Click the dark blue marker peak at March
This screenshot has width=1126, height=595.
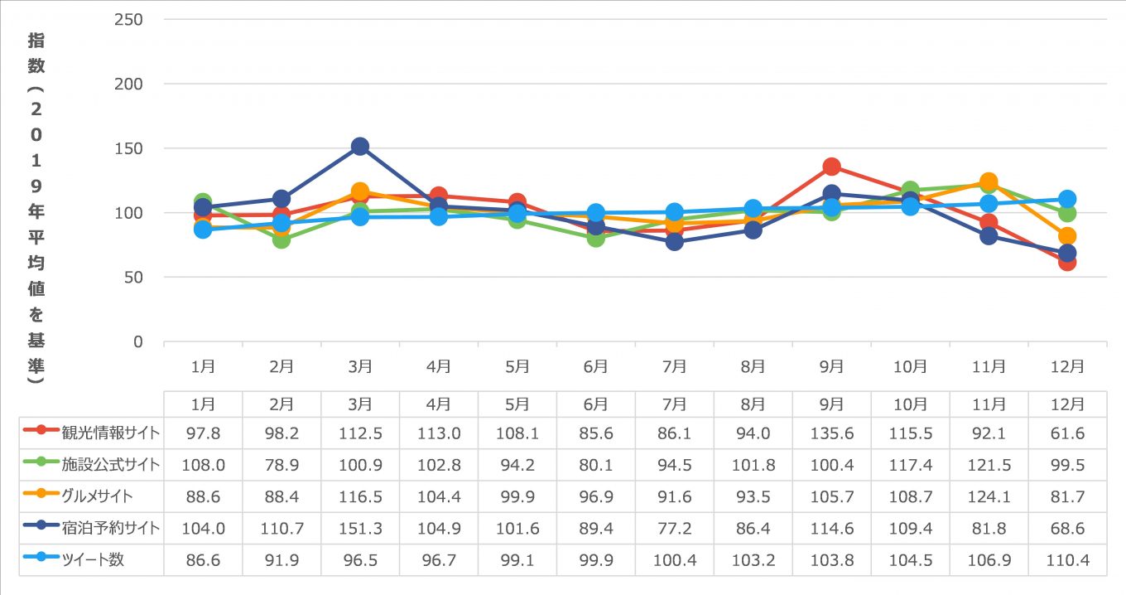(x=360, y=147)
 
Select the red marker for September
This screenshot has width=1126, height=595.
(x=832, y=167)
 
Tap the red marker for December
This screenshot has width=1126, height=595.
(x=1067, y=262)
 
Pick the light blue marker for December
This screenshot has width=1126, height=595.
(x=1067, y=199)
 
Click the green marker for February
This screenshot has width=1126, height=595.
(x=281, y=239)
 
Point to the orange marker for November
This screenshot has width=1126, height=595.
(x=989, y=181)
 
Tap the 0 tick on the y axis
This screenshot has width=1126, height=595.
(x=138, y=341)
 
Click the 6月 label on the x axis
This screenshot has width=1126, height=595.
(x=596, y=366)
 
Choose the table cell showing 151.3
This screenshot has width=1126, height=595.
(x=360, y=528)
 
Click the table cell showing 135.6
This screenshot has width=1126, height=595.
(x=832, y=433)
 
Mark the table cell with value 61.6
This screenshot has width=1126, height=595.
(x=1067, y=433)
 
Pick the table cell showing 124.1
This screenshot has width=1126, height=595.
(x=989, y=496)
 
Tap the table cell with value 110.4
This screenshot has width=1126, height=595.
(x=1067, y=559)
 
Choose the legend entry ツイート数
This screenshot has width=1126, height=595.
(x=92, y=559)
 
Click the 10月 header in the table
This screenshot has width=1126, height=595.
(x=910, y=404)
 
